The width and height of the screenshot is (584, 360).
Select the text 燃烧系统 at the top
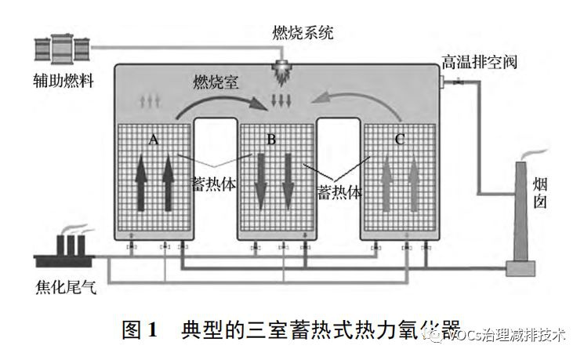[302, 32]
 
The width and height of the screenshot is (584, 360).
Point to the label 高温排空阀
[480, 61]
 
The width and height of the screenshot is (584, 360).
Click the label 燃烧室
[217, 82]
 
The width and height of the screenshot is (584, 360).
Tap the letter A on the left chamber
[154, 140]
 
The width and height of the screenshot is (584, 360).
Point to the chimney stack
[519, 220]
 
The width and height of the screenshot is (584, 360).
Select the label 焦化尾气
[66, 289]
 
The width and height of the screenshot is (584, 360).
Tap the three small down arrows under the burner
[280, 100]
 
